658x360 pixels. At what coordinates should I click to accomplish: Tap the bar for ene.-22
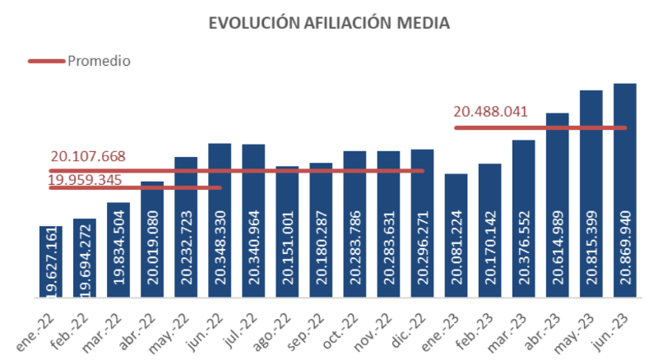51,261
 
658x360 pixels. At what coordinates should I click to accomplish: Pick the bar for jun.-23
624,189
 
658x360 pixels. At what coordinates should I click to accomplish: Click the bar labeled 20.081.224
456,234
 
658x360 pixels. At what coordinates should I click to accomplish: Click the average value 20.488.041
490,113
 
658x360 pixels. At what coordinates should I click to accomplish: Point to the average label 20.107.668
88,156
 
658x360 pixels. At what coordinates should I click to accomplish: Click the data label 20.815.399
591,247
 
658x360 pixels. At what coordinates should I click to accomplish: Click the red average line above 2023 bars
540,127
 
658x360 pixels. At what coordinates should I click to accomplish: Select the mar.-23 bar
523,218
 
